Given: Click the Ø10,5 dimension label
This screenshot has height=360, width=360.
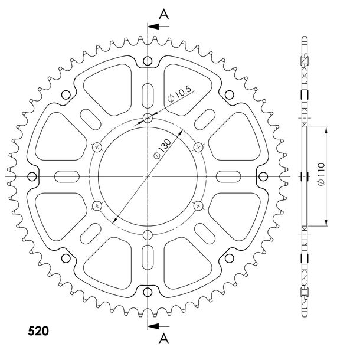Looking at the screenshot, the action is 179,94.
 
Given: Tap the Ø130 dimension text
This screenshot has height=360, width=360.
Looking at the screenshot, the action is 162,149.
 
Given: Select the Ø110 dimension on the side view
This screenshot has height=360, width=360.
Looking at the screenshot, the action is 321,174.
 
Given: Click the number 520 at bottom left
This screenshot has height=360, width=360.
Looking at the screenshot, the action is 38,331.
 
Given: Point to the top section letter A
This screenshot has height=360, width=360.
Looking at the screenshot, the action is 163,15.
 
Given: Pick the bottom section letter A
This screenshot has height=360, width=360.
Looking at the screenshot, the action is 163,339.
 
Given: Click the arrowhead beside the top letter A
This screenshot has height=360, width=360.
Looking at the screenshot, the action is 153,27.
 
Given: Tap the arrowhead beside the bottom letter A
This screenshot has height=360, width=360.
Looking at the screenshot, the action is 153,326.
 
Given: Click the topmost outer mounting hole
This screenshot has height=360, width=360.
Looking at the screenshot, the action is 148,61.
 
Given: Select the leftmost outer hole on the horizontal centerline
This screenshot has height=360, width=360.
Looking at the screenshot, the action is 32,176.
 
